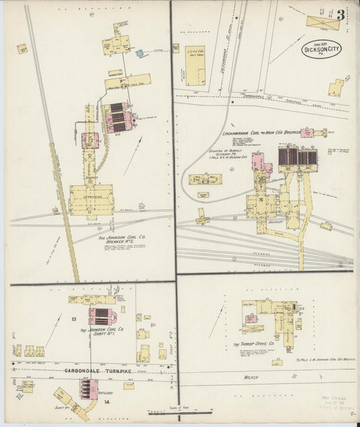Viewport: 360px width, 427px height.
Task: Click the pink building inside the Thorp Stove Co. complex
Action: tap(251, 318)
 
